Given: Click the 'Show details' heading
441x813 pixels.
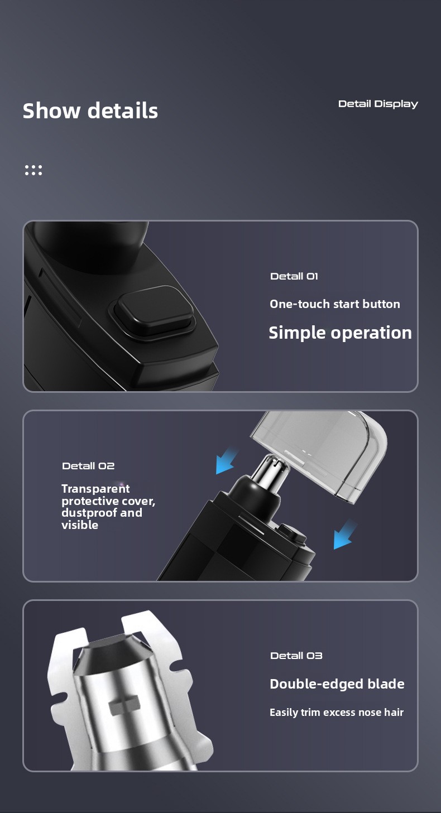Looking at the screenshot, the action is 90,110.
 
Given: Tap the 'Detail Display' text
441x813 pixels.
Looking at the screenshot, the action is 378,104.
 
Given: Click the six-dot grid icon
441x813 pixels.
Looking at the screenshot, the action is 33,170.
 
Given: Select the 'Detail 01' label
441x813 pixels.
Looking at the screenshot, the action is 294,276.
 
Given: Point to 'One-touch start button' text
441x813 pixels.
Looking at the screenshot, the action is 334,304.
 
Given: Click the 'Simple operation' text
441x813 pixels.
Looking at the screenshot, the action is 340,333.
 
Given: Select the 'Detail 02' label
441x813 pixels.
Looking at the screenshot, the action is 88,466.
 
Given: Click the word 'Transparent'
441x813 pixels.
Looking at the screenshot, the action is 95,489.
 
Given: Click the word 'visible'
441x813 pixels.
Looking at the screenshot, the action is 80,525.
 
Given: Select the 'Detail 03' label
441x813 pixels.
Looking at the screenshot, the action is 296,656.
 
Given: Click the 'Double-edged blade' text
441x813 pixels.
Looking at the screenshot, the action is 337,684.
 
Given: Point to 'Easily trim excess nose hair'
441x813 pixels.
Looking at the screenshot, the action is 337,713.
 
